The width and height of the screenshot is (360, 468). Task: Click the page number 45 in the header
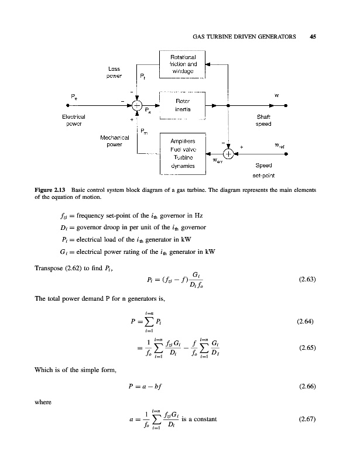pos(313,36)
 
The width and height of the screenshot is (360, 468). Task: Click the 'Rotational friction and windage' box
pos(183,64)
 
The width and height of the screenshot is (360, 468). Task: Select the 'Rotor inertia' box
pos(183,105)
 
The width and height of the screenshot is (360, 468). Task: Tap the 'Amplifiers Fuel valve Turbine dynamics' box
pos(183,153)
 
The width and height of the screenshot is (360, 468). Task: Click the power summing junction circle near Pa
pos(136,106)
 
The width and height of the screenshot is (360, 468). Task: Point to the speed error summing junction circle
pos(228,154)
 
